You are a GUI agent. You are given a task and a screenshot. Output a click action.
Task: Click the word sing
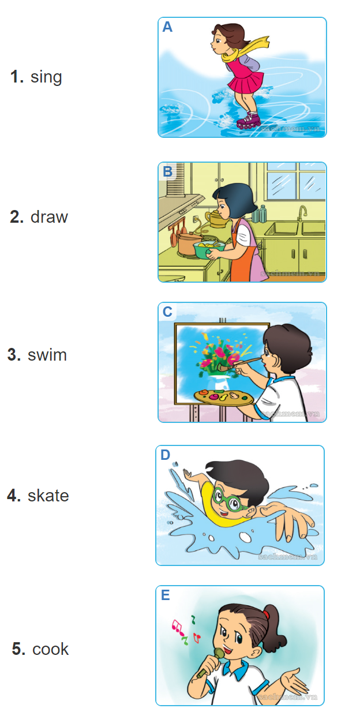point(46,77)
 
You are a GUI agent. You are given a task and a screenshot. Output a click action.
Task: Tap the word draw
point(50,216)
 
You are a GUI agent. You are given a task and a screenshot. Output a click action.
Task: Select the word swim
point(47,355)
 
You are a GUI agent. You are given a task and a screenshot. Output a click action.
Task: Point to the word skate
point(48,495)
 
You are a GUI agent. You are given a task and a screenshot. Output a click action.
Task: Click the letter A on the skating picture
point(167,27)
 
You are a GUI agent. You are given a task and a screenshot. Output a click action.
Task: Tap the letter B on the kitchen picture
point(167,171)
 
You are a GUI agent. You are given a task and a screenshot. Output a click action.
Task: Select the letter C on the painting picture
point(167,312)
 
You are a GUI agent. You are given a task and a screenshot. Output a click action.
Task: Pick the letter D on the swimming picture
point(165,455)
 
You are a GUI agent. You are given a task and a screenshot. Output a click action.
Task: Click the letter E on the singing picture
point(165,595)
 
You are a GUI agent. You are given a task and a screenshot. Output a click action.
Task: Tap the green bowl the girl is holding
point(209,250)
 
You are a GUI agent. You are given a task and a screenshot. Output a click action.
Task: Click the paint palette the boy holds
point(224,397)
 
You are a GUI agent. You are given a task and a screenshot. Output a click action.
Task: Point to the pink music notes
point(178,627)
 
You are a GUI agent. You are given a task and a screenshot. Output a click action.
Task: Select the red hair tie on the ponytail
point(266,614)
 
